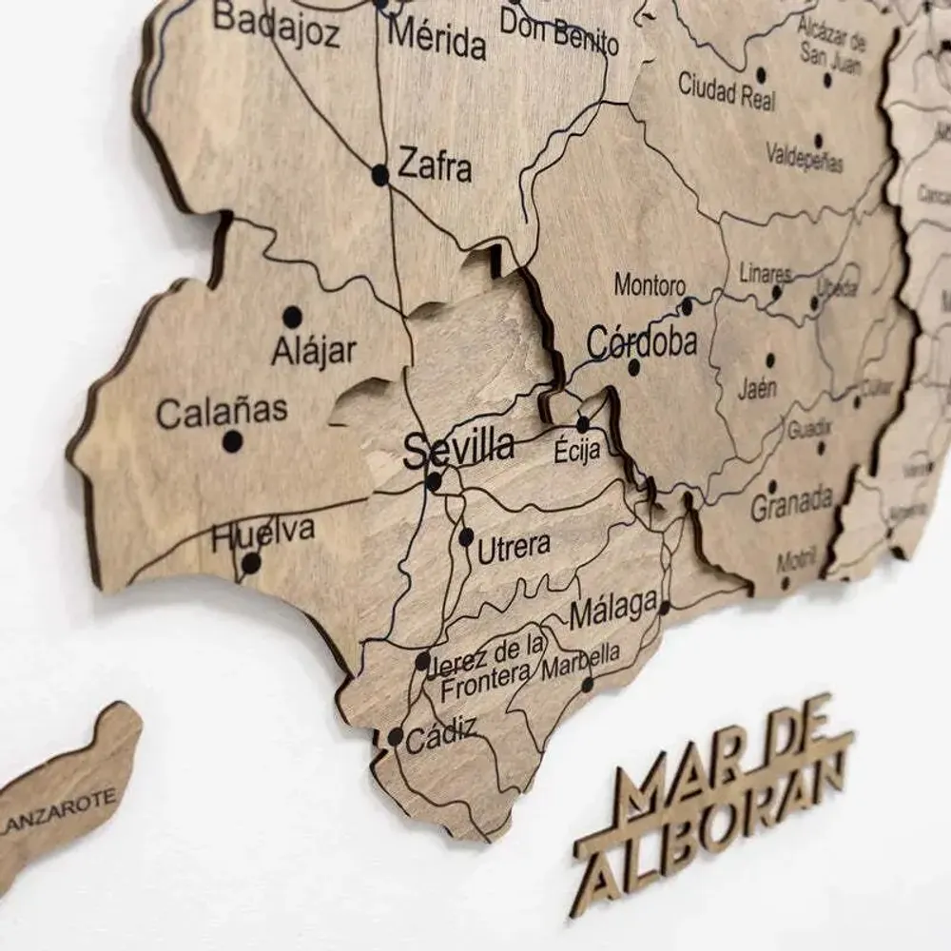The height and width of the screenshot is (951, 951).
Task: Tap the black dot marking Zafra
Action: tap(380, 174)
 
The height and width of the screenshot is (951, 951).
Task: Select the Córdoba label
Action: tap(642, 341)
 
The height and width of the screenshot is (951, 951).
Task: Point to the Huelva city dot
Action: tap(250, 563)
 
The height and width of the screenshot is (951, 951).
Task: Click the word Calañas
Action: tap(222, 412)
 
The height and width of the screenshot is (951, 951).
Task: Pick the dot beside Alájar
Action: tap(293, 317)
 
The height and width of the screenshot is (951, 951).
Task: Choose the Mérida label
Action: tap(438, 41)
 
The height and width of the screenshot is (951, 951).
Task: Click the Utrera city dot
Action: tap(466, 537)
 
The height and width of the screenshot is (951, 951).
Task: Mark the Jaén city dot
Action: tap(769, 361)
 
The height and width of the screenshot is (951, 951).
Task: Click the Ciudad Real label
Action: tap(727, 90)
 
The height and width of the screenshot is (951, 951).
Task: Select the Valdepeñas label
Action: tap(805, 156)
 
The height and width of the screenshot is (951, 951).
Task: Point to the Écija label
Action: tap(577, 451)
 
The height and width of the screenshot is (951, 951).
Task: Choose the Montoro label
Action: tap(650, 284)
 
